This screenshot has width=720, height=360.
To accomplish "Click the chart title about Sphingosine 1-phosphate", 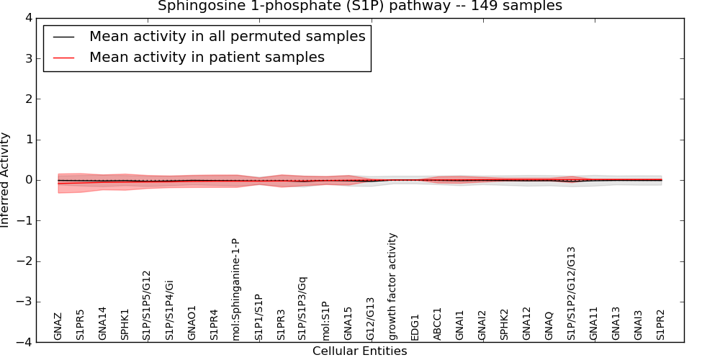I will tap(360, 6).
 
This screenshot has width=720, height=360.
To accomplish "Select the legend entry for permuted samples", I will tap(227, 36).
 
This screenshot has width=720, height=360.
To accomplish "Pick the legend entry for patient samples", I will tap(207, 57).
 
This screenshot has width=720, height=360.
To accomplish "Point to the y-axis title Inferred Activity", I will tap(6, 180).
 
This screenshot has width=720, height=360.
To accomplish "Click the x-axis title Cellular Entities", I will tap(359, 351).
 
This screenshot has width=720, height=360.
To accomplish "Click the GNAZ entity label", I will tap(58, 326).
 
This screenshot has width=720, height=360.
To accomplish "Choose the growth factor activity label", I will tap(392, 286).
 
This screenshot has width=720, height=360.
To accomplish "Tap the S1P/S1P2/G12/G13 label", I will tap(572, 293).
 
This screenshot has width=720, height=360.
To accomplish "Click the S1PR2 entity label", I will tap(661, 325).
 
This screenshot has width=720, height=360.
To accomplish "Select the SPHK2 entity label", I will tap(504, 325).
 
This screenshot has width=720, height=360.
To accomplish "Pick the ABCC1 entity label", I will tap(437, 324).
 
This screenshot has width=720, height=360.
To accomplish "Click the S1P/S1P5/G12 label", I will tap(146, 305).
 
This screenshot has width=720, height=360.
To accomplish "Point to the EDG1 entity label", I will tap(415, 327).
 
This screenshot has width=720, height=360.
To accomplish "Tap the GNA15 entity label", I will tap(348, 323).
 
